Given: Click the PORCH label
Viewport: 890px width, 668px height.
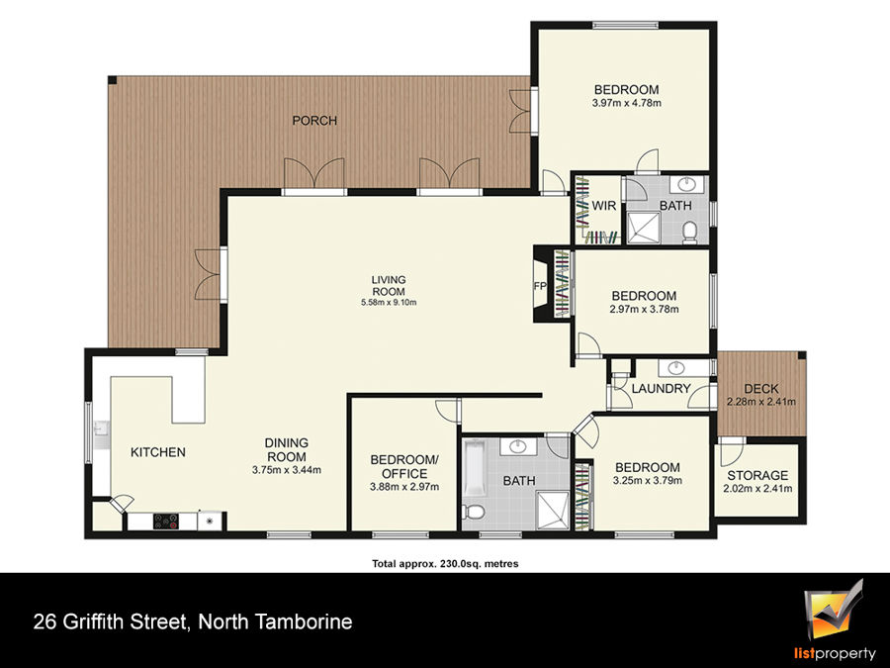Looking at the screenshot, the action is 314,121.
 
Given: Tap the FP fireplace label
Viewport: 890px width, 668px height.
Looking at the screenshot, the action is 539,286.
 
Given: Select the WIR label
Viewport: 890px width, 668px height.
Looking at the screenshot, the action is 603,206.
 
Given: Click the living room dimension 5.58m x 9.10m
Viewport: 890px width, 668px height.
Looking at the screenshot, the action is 389,302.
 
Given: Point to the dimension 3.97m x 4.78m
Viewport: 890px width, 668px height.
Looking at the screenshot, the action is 627,103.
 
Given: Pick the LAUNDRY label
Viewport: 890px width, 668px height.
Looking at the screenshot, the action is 661,389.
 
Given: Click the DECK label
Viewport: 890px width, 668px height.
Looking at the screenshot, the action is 761,389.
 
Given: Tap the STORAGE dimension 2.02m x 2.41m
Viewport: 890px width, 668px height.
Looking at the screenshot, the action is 757,489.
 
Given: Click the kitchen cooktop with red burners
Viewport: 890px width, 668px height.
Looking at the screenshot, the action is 166,521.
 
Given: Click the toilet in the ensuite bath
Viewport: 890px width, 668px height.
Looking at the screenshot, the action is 690,232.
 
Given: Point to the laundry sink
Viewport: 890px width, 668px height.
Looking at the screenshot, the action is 676,368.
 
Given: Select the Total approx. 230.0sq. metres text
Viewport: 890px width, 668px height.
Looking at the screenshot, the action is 445,564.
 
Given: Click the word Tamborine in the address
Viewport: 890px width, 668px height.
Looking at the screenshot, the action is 303,621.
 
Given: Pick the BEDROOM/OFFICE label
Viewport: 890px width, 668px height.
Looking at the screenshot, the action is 404,466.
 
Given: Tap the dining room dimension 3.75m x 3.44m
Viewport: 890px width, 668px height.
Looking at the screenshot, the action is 287,470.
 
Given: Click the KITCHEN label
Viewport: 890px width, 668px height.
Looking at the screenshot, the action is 158,452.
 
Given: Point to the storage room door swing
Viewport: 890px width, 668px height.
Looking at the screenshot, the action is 731,451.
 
